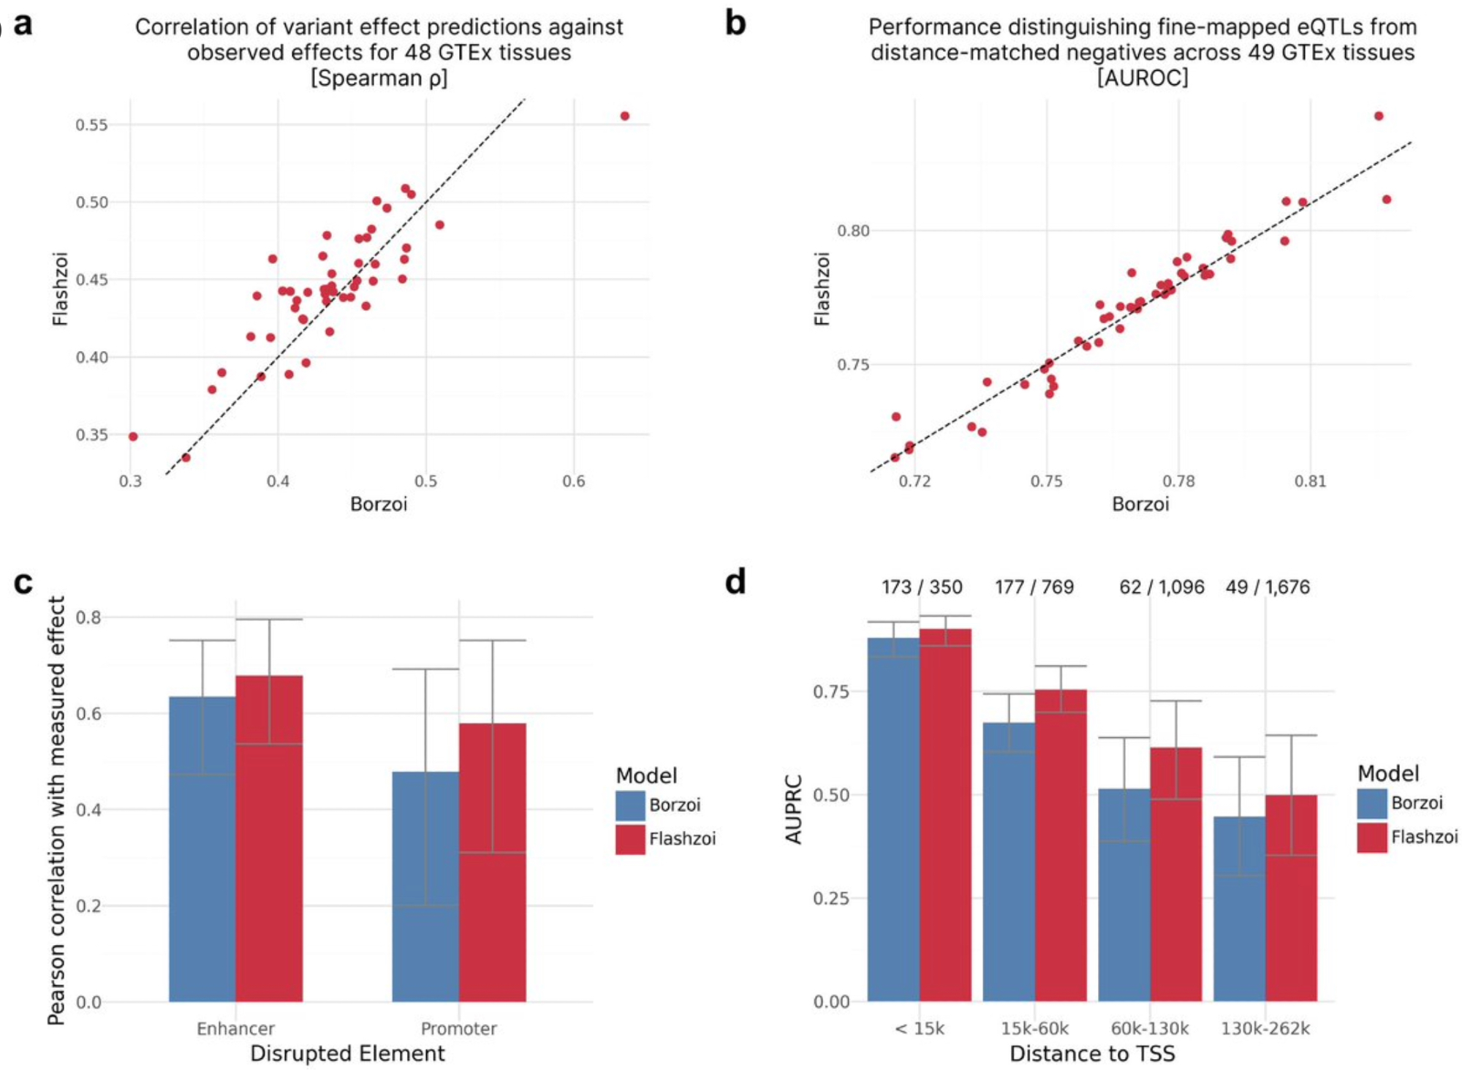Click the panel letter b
(735, 24)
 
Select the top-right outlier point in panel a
(624, 116)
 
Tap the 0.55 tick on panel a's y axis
(91, 125)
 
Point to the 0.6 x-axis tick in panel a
(573, 481)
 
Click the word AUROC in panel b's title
(1143, 78)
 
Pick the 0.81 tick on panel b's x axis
(1310, 481)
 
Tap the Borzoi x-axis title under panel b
(1140, 504)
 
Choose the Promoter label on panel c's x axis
(458, 1028)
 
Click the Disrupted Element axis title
(347, 1053)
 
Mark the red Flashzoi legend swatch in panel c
(630, 839)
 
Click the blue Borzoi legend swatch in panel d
(1372, 803)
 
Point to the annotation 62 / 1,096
(1162, 587)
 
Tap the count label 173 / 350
(922, 587)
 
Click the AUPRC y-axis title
(794, 809)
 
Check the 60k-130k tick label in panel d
(1150, 1028)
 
